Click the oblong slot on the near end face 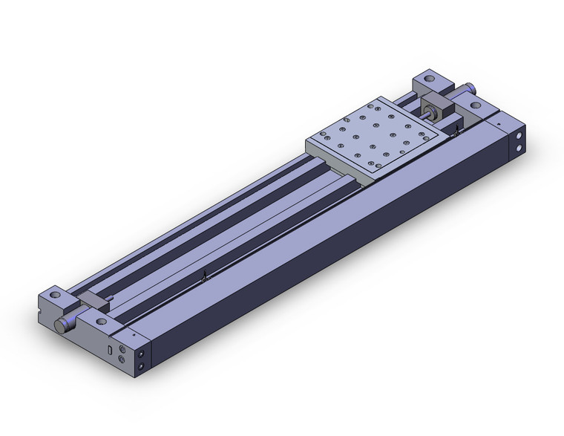pos(110,348)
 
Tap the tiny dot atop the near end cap pos(134,334)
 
